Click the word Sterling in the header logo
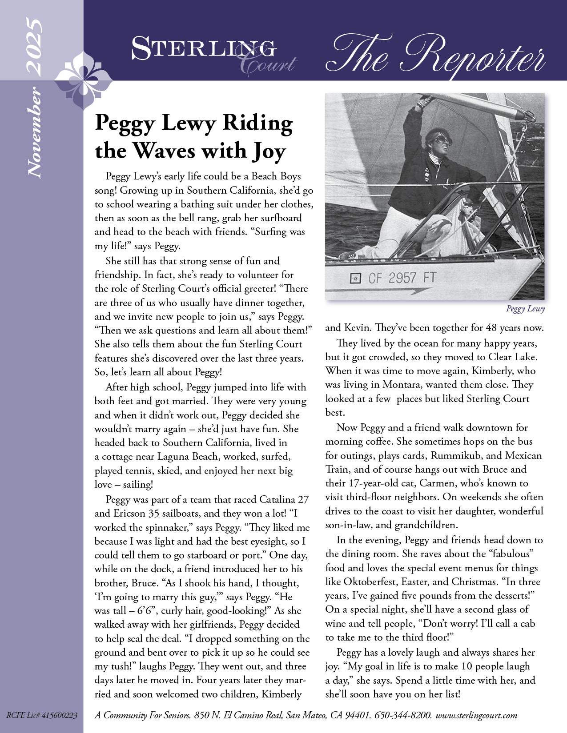(x=203, y=48)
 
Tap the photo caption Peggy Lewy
(x=525, y=309)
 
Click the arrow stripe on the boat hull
(x=400, y=291)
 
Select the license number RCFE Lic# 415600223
(x=42, y=715)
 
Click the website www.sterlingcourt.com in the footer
(x=476, y=715)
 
